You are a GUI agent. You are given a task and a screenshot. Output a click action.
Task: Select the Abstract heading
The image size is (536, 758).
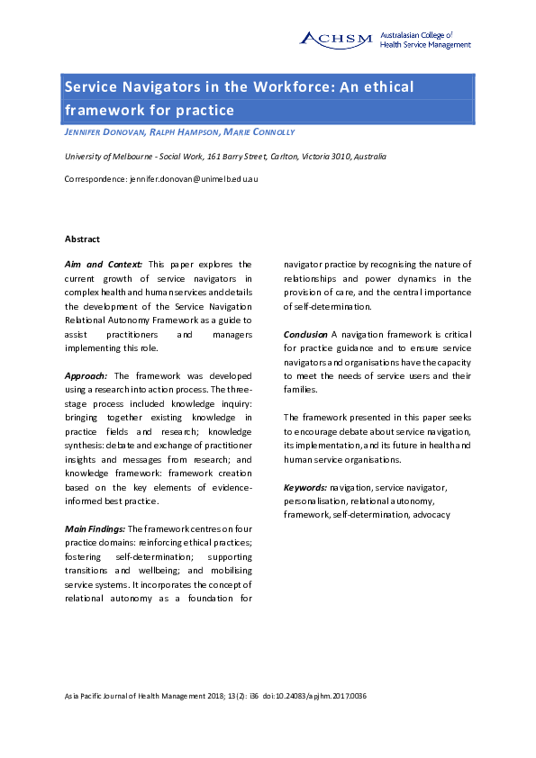(x=82, y=239)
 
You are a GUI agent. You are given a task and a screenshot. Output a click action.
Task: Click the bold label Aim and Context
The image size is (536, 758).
(x=104, y=265)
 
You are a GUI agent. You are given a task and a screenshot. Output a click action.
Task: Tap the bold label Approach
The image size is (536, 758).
(x=86, y=374)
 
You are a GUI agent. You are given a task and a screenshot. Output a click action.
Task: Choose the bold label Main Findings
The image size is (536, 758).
(x=95, y=528)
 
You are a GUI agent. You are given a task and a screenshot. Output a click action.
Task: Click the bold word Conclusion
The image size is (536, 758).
(x=305, y=334)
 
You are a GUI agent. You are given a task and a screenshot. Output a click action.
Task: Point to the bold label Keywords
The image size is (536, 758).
(x=305, y=486)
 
